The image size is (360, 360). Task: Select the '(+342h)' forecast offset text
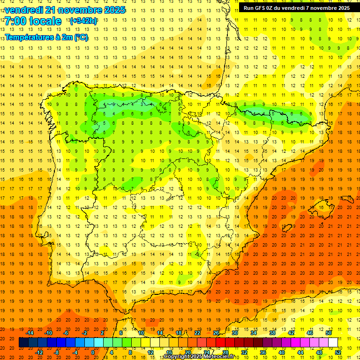point(83,21)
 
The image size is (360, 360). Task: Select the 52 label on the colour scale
point(338,352)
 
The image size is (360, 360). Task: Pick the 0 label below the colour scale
point(93,352)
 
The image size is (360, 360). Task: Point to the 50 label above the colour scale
point(328,333)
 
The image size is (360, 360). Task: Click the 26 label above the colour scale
point(216,333)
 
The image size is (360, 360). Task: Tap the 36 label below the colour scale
point(263,352)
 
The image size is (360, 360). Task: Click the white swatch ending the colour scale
point(333,343)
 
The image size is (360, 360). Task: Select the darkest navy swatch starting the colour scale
point(23,343)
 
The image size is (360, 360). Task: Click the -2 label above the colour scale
point(85,333)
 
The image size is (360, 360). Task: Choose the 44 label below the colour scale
point(300,352)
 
